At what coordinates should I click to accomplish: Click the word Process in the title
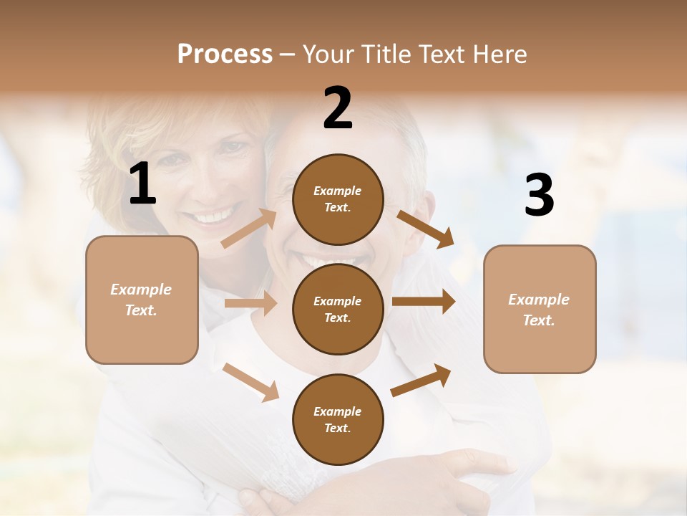coord(225,54)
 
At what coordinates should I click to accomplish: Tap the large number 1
coord(142,185)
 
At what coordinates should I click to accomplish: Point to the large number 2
coord(338,109)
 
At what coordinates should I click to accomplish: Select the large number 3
coord(539,196)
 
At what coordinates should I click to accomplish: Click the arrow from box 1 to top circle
coord(248,229)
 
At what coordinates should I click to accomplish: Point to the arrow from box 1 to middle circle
coord(250,303)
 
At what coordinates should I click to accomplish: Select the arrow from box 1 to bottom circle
coord(250,382)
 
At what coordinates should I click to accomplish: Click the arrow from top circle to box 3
coord(425,229)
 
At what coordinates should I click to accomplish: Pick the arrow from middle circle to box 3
coord(423,302)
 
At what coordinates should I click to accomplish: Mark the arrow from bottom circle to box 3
coord(421,380)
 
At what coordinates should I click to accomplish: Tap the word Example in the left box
coord(141,290)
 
